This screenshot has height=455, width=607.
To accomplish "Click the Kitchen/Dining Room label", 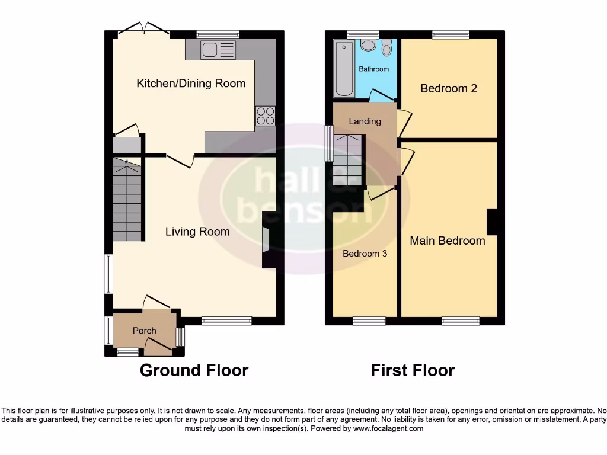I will (191, 84).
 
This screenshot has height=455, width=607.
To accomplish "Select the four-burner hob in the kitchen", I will (265, 115).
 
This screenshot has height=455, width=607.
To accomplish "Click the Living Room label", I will (197, 232).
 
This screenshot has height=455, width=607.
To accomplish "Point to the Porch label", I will (144, 331).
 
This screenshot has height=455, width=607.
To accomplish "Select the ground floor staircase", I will (127, 201).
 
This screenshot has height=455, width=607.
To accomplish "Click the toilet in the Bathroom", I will (387, 47).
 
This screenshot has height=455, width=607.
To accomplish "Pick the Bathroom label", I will (373, 69).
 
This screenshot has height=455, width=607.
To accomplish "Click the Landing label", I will (365, 121).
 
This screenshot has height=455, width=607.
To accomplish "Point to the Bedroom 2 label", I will (448, 89).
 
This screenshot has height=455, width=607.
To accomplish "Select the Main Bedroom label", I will (448, 241).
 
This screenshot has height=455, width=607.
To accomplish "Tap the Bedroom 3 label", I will (365, 254).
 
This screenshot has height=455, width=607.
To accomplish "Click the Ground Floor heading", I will (194, 371).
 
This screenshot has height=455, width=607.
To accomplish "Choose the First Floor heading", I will (413, 371).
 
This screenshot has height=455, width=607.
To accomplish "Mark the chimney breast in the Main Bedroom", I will (492, 222).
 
